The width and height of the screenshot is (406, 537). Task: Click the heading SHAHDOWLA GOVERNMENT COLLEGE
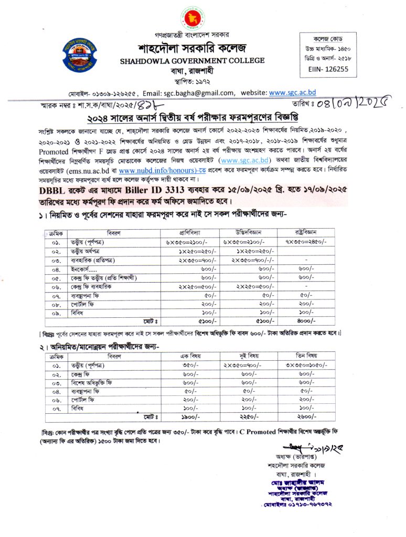pos(193,61)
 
